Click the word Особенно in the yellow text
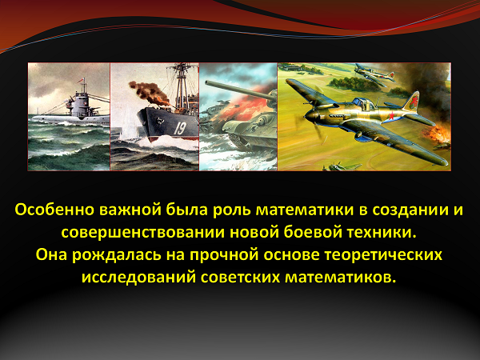54,210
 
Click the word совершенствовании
143,233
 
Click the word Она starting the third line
51,255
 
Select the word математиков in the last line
339,278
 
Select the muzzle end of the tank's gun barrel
206,82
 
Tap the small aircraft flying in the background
374,74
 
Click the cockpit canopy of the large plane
364,104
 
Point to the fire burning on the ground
438,136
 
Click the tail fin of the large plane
412,101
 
